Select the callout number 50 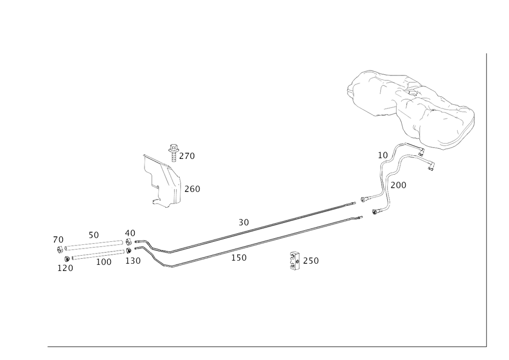[93, 236]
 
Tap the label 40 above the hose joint [130, 233]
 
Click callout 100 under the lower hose [103, 262]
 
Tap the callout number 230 [310, 261]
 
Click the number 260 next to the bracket [192, 189]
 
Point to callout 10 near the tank [382, 154]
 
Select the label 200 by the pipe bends [400, 186]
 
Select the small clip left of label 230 [293, 261]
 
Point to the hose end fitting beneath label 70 [60, 249]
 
